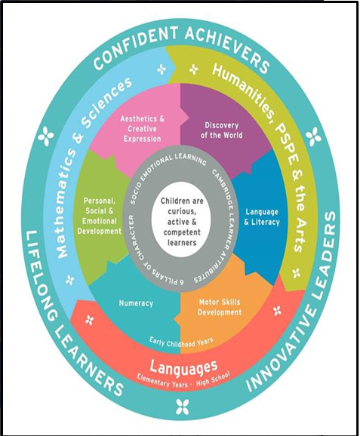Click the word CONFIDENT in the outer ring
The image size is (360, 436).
pos(134,47)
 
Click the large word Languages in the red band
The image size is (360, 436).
pos(183,367)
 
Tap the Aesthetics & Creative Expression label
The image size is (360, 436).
pos(142,129)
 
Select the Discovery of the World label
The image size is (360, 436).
pos(221,130)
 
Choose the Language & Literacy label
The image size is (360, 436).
pos(262,217)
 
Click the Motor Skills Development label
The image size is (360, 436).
pos(220,307)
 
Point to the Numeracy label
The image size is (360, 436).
pos(136,302)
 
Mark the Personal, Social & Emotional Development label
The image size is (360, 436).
pos(100,216)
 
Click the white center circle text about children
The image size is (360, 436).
pos(182,222)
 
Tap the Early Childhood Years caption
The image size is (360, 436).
pos(181,342)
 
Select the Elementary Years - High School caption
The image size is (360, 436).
pos(183,380)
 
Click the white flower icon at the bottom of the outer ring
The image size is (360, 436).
pos(183,407)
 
